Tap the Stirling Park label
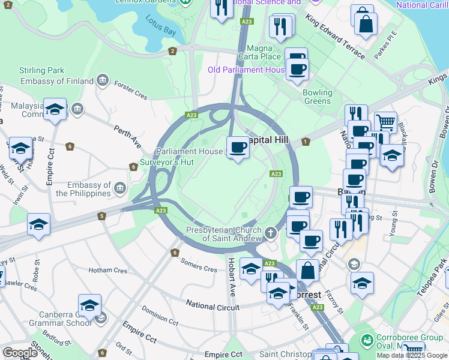[x=41, y=70]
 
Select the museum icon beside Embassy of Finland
[x=102, y=80]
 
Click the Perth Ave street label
[x=128, y=137]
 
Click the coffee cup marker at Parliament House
[x=238, y=146]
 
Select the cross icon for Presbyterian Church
[x=271, y=232]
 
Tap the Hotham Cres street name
[x=108, y=271]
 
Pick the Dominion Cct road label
[x=160, y=316]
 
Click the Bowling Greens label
[x=317, y=97]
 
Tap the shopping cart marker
[x=385, y=122]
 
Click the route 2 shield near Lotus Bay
[x=172, y=51]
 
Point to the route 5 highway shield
[x=102, y=216]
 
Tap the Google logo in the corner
[x=20, y=352]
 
